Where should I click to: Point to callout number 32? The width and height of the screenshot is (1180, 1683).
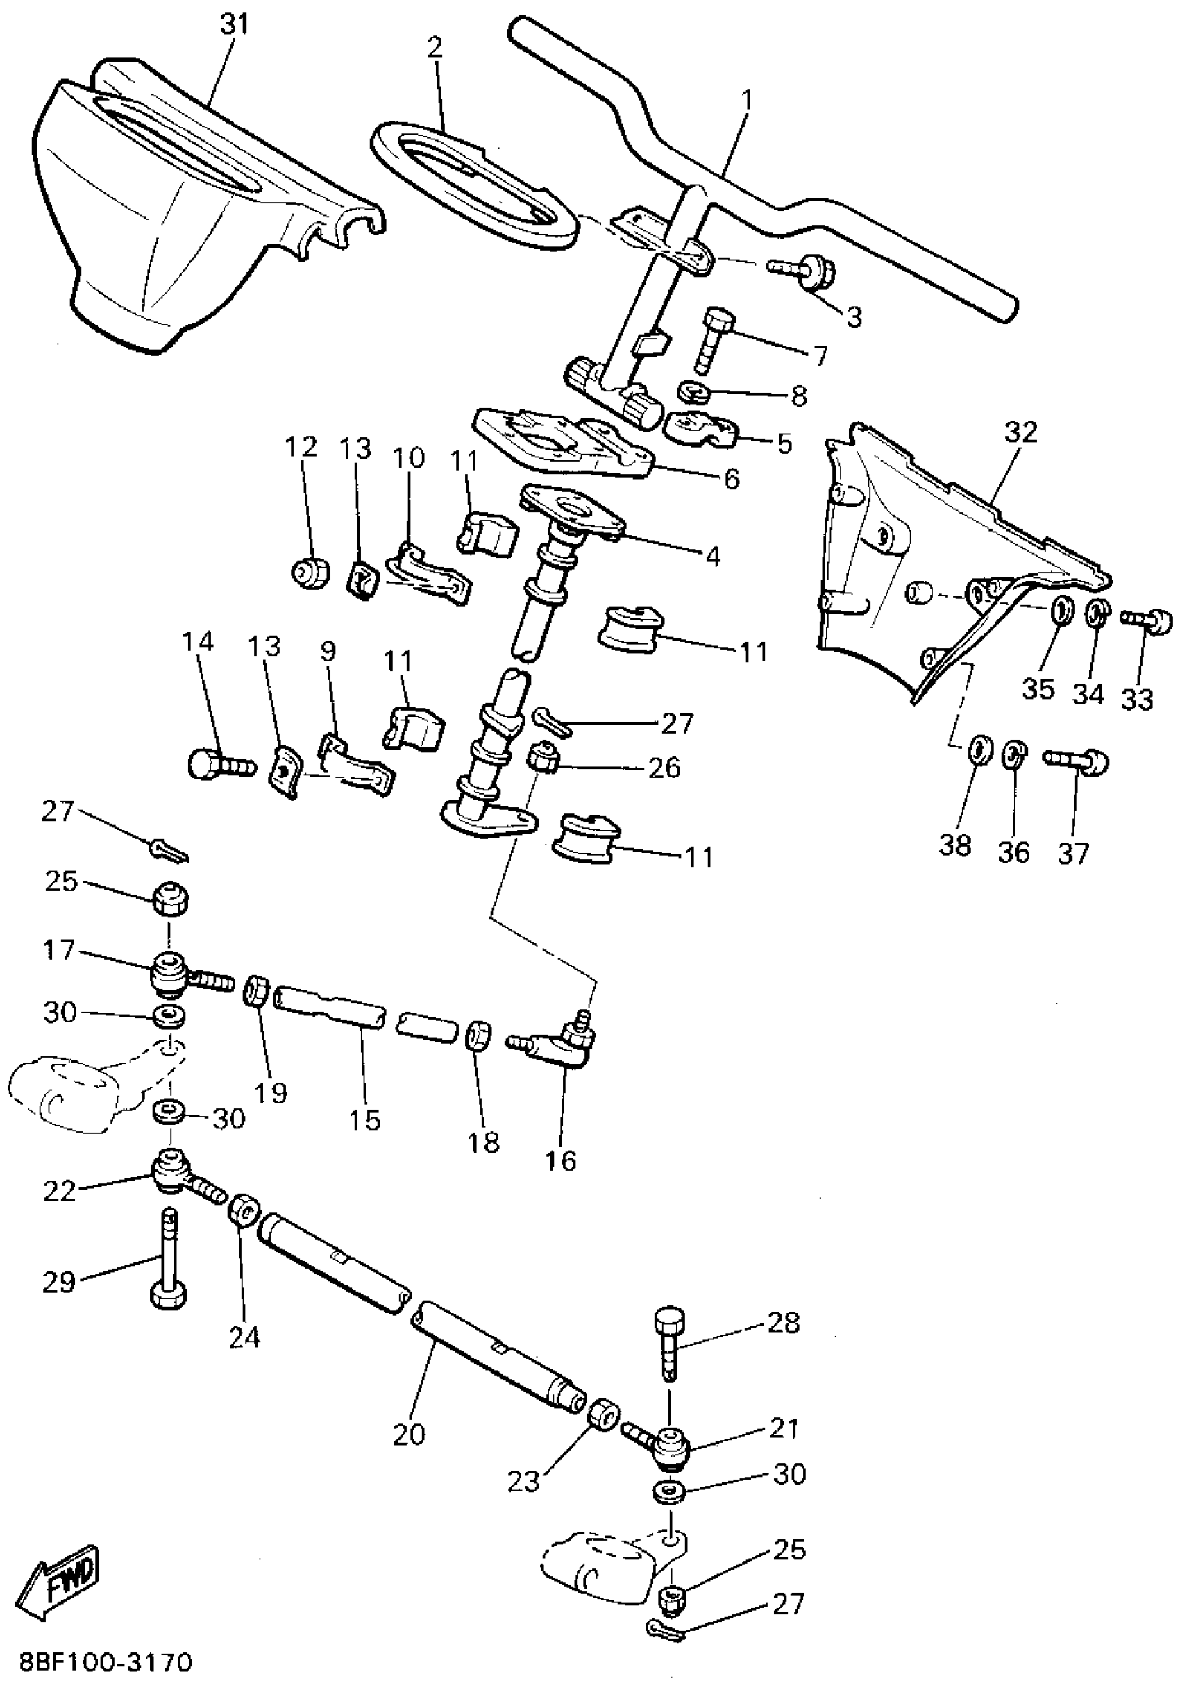coord(1021,432)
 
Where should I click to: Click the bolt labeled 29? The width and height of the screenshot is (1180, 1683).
coord(169,1261)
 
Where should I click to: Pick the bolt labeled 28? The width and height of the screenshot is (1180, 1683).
coord(670,1342)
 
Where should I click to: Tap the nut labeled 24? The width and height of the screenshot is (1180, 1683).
coord(244,1210)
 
